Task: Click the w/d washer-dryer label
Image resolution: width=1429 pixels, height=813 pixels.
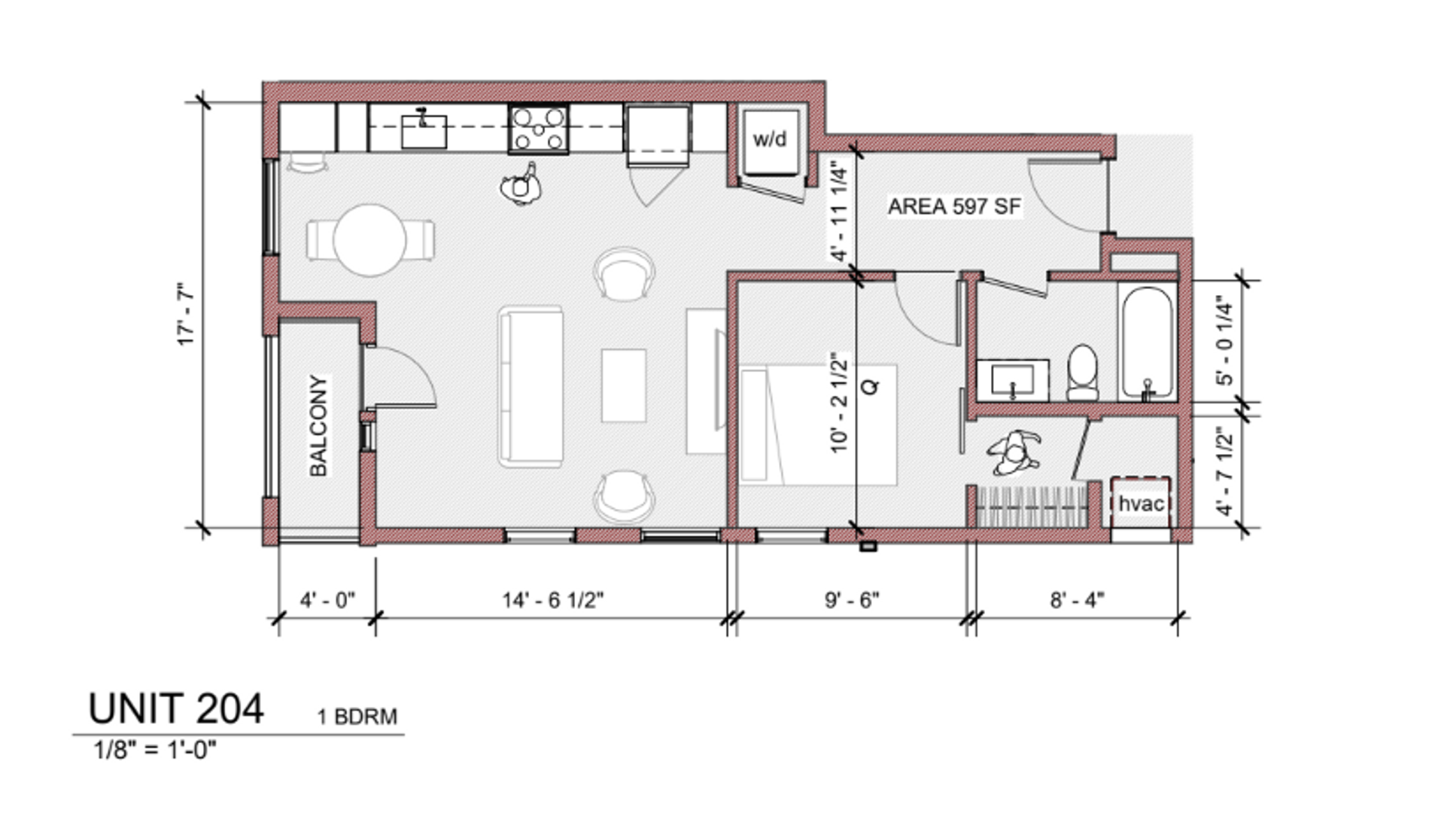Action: pyautogui.click(x=770, y=139)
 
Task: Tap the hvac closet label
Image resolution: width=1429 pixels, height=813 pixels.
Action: pyautogui.click(x=1142, y=504)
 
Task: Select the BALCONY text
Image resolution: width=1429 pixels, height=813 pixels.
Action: pyautogui.click(x=319, y=425)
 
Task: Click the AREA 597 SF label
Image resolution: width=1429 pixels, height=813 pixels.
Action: pyautogui.click(x=954, y=206)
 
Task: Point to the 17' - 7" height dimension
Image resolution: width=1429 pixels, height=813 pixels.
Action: pyautogui.click(x=186, y=314)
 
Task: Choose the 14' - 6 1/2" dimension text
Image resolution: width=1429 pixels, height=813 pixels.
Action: pyautogui.click(x=553, y=600)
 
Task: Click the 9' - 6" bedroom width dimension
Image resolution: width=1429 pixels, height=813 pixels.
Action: pyautogui.click(x=852, y=600)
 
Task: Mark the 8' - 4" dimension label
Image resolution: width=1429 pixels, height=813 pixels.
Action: pyautogui.click(x=1077, y=600)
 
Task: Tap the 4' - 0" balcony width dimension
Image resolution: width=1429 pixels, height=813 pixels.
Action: pyautogui.click(x=327, y=600)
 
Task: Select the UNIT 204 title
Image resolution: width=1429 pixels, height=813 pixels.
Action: pyautogui.click(x=176, y=708)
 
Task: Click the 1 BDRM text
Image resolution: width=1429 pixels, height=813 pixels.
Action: pyautogui.click(x=357, y=716)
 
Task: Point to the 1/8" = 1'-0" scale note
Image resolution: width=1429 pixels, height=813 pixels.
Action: pyautogui.click(x=154, y=750)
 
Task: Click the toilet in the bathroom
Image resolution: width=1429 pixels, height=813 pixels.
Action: pyautogui.click(x=1083, y=373)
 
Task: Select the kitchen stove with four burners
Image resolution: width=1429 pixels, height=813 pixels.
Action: pyautogui.click(x=538, y=129)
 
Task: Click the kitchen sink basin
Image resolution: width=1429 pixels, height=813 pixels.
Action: pyautogui.click(x=424, y=131)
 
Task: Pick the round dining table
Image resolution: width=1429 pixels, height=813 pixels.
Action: pyautogui.click(x=369, y=241)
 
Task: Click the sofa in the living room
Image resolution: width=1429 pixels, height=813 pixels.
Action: pyautogui.click(x=531, y=386)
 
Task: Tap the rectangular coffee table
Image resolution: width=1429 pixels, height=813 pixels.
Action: pyautogui.click(x=623, y=385)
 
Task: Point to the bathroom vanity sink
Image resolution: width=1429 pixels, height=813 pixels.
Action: pyautogui.click(x=1012, y=380)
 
